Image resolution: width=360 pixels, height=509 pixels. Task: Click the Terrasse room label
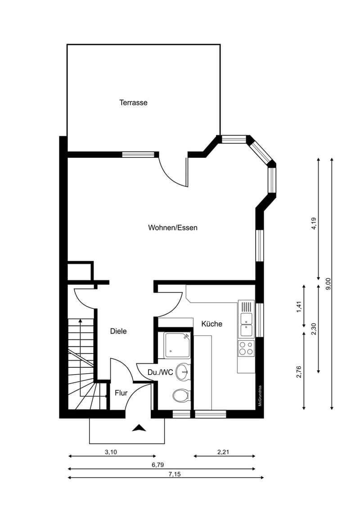click(133, 103)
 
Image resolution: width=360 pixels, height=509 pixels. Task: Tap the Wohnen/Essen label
click(172, 228)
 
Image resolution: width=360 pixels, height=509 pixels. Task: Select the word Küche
click(212, 324)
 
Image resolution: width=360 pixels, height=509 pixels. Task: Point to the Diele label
click(118, 331)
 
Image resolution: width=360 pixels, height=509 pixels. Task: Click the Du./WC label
click(160, 372)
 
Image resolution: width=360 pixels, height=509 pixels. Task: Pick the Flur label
click(121, 393)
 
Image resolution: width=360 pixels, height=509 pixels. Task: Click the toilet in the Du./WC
click(181, 396)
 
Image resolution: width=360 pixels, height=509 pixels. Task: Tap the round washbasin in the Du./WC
click(182, 371)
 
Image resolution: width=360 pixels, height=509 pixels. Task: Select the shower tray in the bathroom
click(177, 345)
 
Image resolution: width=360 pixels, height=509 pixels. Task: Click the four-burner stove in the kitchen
click(246, 348)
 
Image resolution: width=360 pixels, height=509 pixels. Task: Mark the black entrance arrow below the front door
click(139, 428)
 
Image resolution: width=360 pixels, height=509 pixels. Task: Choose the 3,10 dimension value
click(111, 452)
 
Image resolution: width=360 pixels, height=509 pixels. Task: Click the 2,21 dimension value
click(223, 452)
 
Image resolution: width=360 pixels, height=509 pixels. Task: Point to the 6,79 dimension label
click(157, 465)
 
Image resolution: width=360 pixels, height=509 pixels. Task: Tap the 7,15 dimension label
click(175, 474)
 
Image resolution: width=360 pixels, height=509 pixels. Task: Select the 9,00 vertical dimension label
click(328, 284)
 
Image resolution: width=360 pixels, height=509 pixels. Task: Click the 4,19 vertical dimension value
click(314, 223)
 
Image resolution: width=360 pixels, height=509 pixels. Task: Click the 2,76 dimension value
click(299, 372)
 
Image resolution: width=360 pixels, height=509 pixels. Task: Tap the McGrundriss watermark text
click(260, 396)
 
